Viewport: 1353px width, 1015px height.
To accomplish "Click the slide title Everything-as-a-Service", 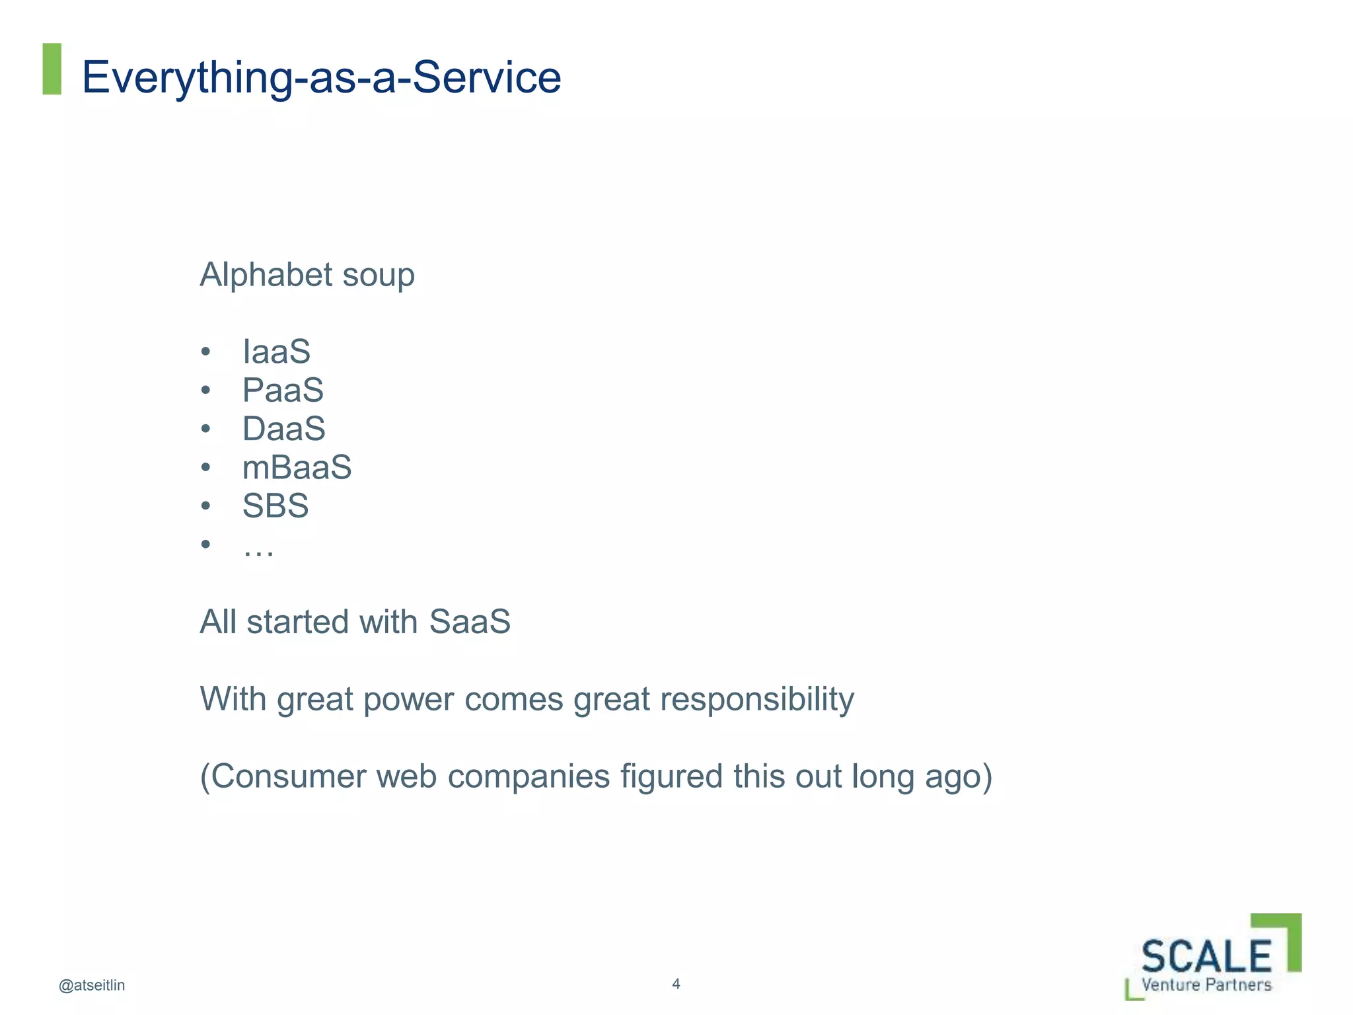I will pos(321,77).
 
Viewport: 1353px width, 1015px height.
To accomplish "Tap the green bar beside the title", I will pos(52,69).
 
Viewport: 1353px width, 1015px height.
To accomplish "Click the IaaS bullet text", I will pos(276,352).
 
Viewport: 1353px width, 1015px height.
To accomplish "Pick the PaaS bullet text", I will pos(283,390).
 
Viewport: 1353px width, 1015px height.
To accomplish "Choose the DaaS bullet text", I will pos(283,429).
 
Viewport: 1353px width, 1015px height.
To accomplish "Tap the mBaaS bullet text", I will pos(297,468).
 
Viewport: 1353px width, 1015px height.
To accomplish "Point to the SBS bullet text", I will pos(275,506).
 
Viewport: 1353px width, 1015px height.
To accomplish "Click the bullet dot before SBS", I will pos(205,506).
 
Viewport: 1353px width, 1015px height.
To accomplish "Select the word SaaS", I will pos(470,622).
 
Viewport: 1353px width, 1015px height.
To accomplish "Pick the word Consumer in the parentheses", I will pos(288,776).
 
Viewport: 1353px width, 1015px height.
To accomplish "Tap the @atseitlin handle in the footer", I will pos(92,985).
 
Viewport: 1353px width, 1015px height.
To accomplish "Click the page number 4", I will pos(676,983).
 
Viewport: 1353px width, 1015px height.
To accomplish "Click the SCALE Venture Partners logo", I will pos(1212,958).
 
